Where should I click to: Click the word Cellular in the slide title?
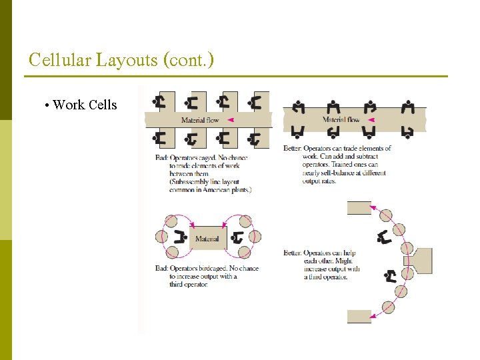pos(60,61)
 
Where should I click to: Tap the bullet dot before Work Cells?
pos(47,105)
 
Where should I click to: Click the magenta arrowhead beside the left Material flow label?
pos(229,120)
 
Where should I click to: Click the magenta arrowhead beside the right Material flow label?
pos(371,120)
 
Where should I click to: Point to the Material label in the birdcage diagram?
pos(207,239)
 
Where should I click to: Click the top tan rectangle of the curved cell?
pos(359,207)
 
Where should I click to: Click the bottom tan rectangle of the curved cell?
pos(359,316)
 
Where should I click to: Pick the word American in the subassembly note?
pos(214,190)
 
